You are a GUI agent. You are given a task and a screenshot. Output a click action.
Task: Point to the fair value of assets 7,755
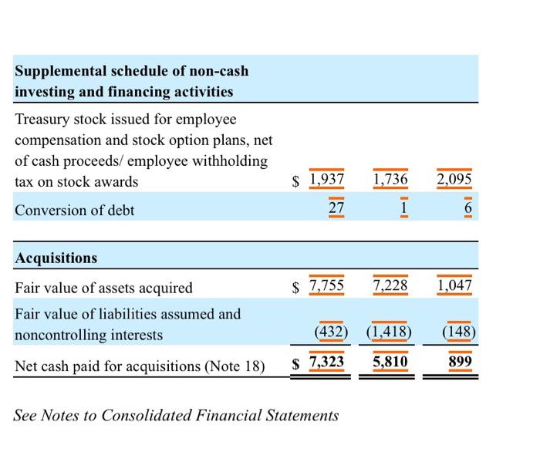pyautogui.click(x=326, y=287)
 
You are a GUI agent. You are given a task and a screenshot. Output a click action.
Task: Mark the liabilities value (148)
pyautogui.click(x=460, y=334)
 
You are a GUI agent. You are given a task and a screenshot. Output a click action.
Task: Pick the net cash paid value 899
pyautogui.click(x=460, y=362)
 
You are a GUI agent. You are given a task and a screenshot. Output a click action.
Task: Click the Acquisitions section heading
pyautogui.click(x=56, y=258)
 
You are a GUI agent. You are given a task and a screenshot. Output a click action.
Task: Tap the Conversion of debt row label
pyautogui.click(x=75, y=210)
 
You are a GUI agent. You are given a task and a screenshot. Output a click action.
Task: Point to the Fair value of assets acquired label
pyautogui.click(x=104, y=288)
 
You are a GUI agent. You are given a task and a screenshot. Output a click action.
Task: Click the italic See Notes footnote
pyautogui.click(x=176, y=415)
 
